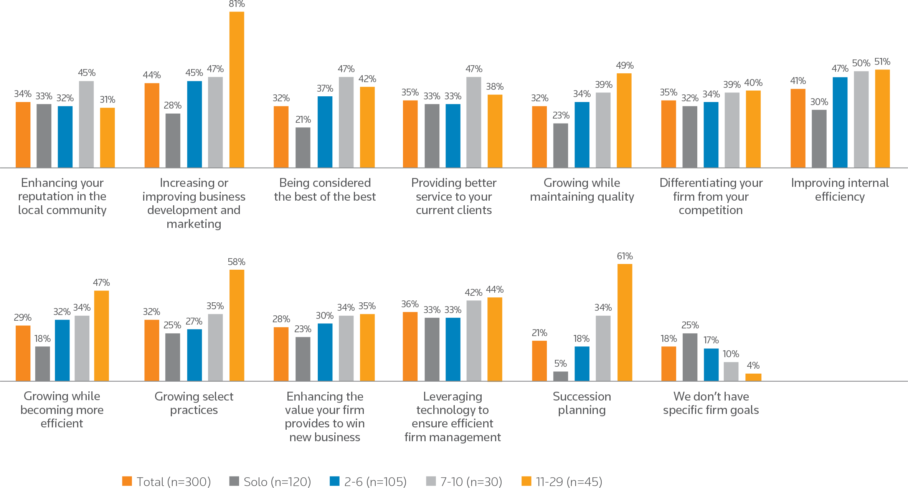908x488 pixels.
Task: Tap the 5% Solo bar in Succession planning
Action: click(560, 376)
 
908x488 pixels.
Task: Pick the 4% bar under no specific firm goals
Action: click(753, 377)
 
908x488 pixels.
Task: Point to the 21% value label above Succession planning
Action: click(539, 333)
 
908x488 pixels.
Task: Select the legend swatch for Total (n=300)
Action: click(127, 481)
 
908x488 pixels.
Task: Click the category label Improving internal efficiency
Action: click(840, 190)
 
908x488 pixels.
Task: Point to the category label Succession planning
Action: click(581, 403)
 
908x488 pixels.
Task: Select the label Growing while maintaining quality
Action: click(582, 190)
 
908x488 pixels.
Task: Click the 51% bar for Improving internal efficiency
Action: click(882, 119)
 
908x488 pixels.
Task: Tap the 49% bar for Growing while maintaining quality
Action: click(624, 120)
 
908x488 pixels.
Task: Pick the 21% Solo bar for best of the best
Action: click(303, 147)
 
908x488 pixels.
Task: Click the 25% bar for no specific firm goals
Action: click(690, 357)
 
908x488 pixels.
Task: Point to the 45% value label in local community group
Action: click(86, 73)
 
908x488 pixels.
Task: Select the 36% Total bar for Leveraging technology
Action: click(410, 346)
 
